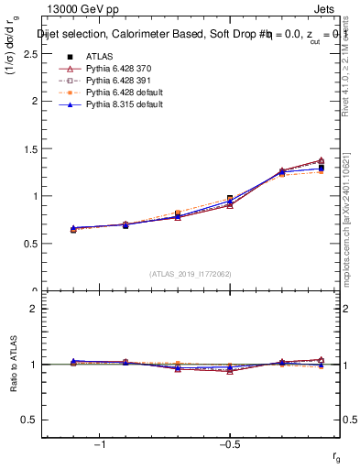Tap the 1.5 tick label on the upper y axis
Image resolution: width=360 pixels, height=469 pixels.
[x=37, y=148]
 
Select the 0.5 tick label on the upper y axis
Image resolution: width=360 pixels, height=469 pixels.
[x=37, y=244]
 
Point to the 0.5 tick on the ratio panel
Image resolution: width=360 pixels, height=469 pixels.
[x=37, y=420]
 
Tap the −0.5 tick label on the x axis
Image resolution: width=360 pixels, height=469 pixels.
[x=228, y=443]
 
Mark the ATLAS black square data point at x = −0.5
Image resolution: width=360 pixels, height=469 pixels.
[x=230, y=199]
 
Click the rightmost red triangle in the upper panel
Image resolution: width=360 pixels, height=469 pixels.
[x=321, y=160]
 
